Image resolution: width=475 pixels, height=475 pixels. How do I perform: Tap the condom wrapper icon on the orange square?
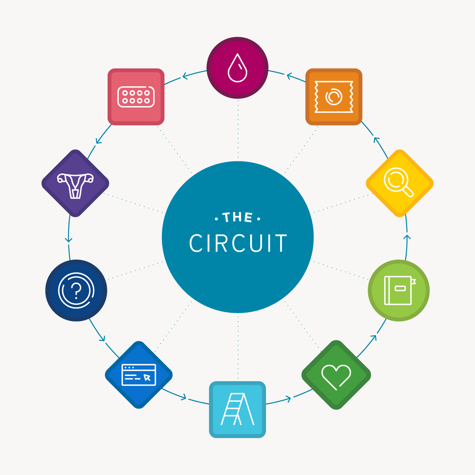(334, 97)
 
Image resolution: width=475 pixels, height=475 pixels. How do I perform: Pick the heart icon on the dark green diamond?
(336, 376)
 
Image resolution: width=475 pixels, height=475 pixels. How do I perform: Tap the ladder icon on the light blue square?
(237, 409)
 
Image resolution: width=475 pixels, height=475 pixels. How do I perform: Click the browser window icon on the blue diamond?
(139, 374)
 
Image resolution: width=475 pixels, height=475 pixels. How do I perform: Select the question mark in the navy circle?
(76, 290)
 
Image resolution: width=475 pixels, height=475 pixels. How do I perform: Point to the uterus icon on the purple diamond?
(75, 184)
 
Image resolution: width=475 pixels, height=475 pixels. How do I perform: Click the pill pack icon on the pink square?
(136, 97)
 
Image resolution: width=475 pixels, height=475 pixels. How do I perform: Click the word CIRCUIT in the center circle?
(238, 243)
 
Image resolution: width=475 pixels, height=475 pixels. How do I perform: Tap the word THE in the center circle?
(237, 218)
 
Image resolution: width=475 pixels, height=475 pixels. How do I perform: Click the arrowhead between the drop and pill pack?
(184, 76)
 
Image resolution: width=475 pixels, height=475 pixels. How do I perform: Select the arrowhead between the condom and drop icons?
(289, 75)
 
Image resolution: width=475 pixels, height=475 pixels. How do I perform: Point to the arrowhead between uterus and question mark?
(69, 239)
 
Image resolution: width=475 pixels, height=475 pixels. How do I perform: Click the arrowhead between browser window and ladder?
(183, 396)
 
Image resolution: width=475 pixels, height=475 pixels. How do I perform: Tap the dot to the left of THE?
(216, 218)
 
